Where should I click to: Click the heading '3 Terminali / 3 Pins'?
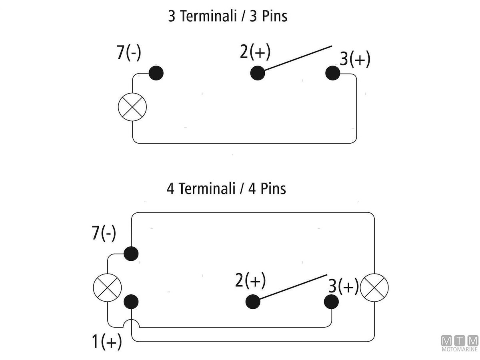[x=227, y=17]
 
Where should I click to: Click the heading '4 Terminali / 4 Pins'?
[x=226, y=188]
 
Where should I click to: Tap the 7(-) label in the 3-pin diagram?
[x=129, y=53]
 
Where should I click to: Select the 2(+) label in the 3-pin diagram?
[x=255, y=52]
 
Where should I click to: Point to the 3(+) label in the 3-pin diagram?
[x=355, y=59]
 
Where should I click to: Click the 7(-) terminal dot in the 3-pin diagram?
[x=156, y=73]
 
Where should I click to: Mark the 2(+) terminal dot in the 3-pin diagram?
[x=258, y=73]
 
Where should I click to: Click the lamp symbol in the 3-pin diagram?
[x=132, y=107]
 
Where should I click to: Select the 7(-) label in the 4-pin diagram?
[x=104, y=233]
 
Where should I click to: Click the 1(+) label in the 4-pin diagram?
[x=107, y=342]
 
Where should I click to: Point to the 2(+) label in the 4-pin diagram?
[x=250, y=280]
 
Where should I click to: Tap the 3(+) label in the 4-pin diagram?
[x=343, y=287]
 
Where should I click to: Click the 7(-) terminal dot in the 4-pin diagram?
[x=131, y=254]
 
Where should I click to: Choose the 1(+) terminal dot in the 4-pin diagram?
[x=131, y=302]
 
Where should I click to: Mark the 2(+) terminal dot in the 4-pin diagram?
[x=253, y=302]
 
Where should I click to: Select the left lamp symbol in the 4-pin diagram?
[x=107, y=288]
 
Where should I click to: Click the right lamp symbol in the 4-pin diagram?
[x=374, y=288]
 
